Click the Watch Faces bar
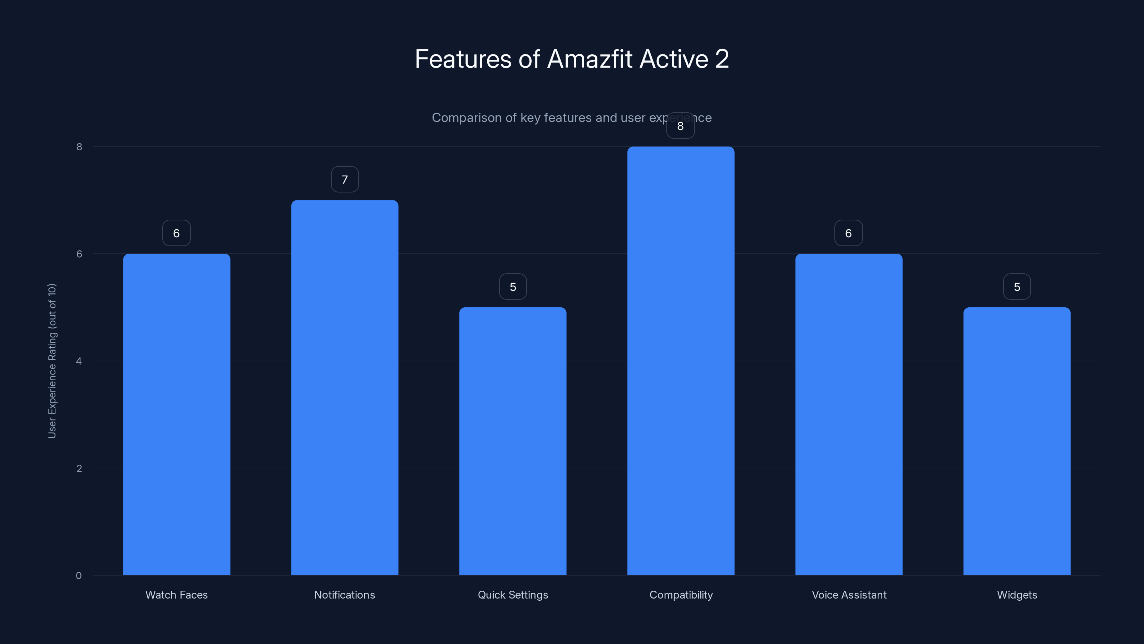pyautogui.click(x=176, y=414)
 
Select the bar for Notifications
pyautogui.click(x=345, y=387)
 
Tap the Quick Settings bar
pyautogui.click(x=513, y=440)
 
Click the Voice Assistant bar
pyautogui.click(x=849, y=414)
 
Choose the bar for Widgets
pyautogui.click(x=1016, y=440)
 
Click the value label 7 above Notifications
pyautogui.click(x=345, y=180)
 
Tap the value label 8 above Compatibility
pyautogui.click(x=680, y=126)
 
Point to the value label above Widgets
pyautogui.click(x=1016, y=287)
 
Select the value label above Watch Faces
pyautogui.click(x=176, y=233)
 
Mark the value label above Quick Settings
pyautogui.click(x=513, y=287)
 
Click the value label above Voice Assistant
pyautogui.click(x=848, y=233)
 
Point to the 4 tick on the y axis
pyautogui.click(x=79, y=361)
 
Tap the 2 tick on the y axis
pyautogui.click(x=79, y=468)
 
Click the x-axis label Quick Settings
pyautogui.click(x=513, y=595)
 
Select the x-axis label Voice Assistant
pyautogui.click(x=849, y=595)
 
